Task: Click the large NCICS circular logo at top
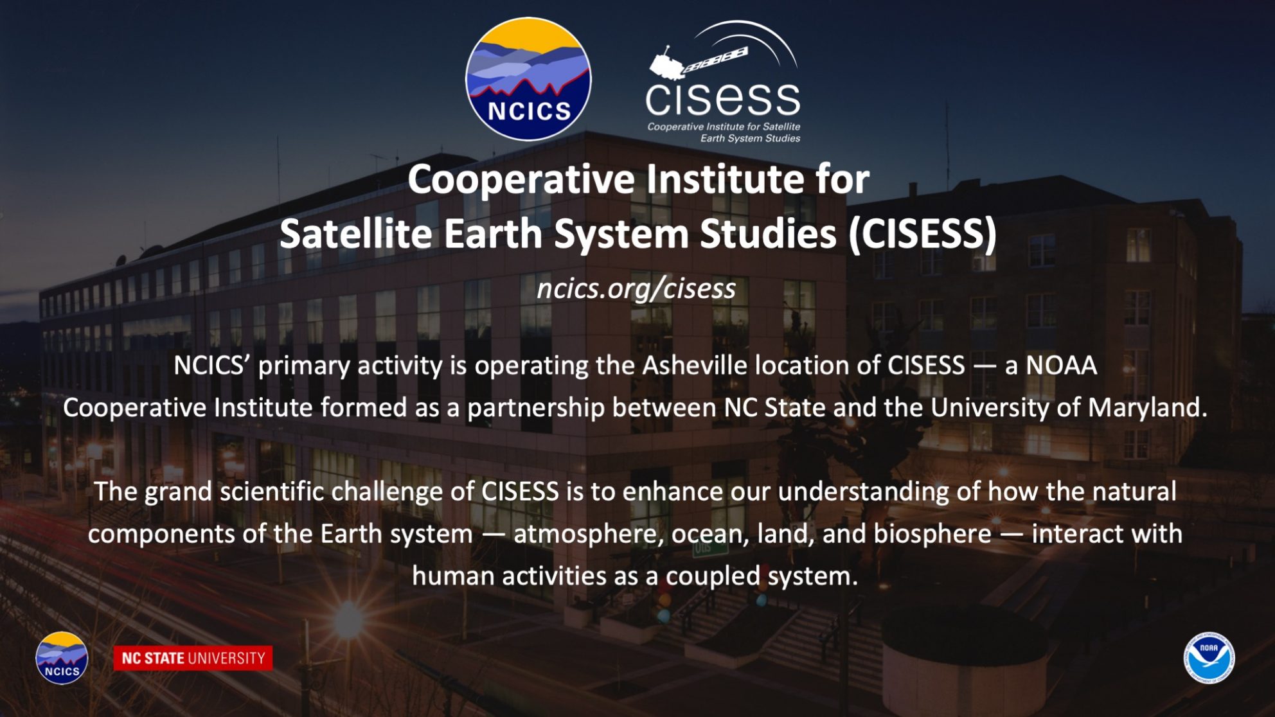528,79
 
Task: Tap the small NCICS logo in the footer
62,658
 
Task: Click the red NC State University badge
193,658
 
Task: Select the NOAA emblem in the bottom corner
1209,658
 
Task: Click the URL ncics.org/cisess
636,288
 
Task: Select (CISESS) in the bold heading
923,234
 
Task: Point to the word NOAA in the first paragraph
1061,365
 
